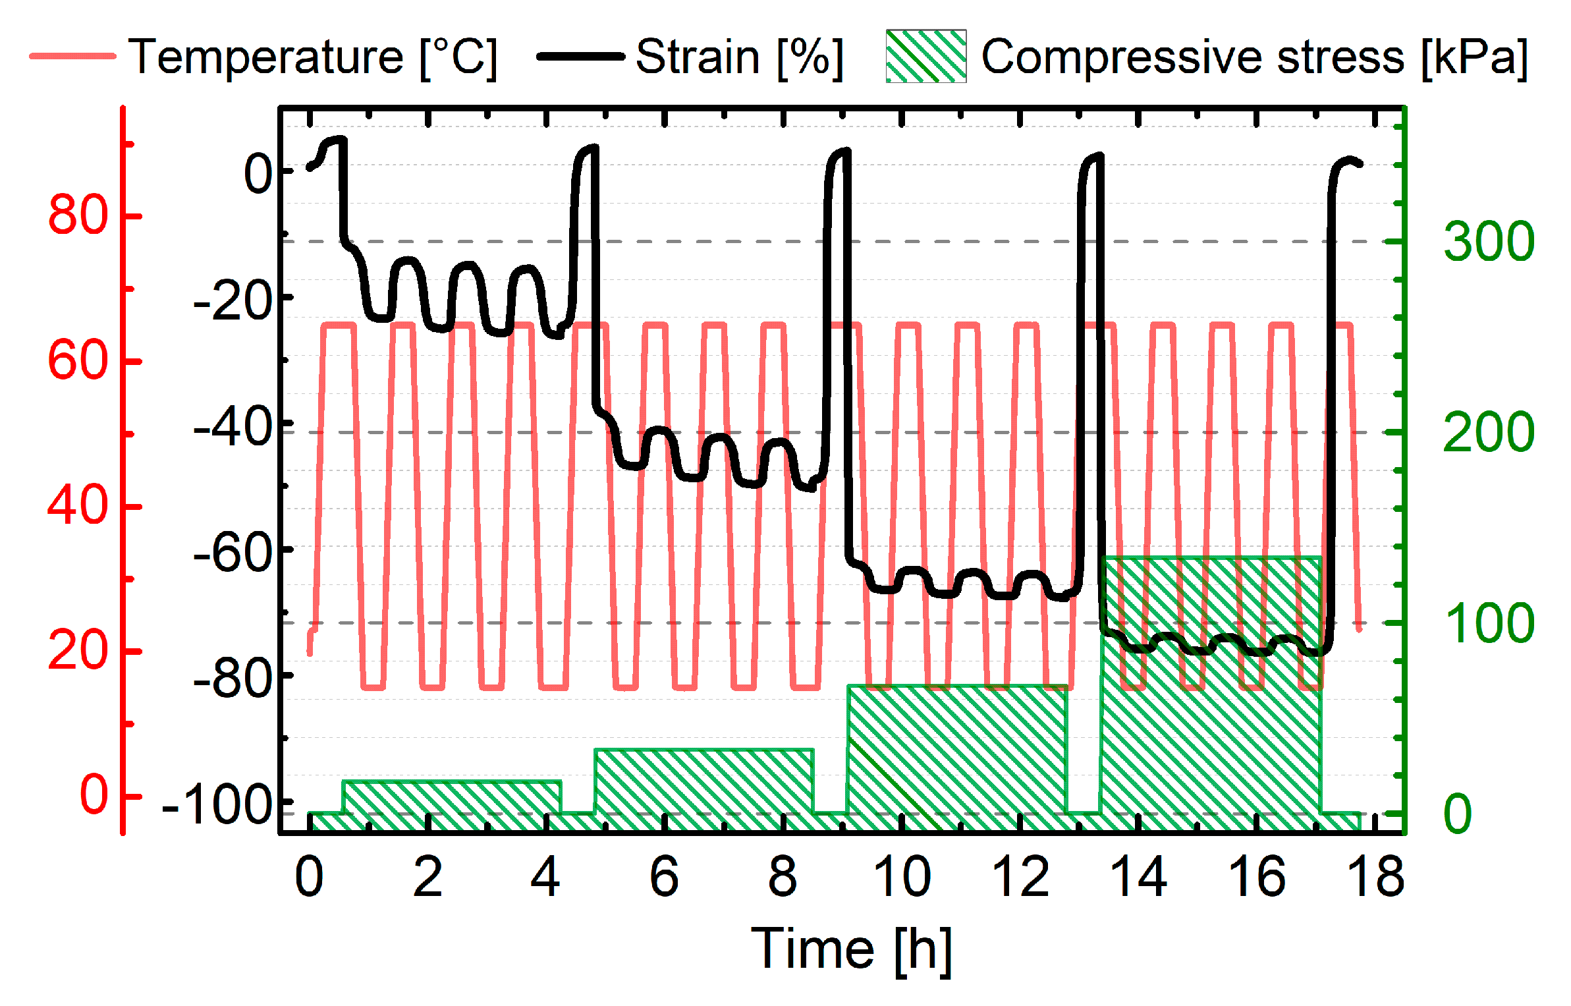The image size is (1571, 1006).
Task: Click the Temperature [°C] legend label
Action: tap(313, 57)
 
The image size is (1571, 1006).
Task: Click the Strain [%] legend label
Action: tap(739, 57)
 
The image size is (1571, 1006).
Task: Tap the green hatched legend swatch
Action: tap(925, 57)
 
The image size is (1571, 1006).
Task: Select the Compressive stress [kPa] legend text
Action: tap(1254, 57)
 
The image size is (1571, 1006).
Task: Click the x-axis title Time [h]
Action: tap(851, 949)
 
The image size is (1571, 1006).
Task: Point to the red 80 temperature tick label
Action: tap(78, 215)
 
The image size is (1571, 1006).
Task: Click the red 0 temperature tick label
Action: tap(94, 795)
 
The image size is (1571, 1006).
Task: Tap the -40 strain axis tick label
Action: tap(233, 428)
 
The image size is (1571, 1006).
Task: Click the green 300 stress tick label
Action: tap(1489, 242)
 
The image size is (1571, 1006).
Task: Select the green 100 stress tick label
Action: tap(1489, 623)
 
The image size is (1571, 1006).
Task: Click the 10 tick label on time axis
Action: tap(901, 878)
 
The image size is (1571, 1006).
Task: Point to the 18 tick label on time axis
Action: tap(1375, 878)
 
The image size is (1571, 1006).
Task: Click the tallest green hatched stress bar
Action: tap(1211, 725)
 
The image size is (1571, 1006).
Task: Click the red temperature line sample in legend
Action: tap(72, 57)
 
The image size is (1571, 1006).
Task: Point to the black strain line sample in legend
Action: tap(580, 57)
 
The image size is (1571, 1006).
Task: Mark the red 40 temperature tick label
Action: tap(78, 506)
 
